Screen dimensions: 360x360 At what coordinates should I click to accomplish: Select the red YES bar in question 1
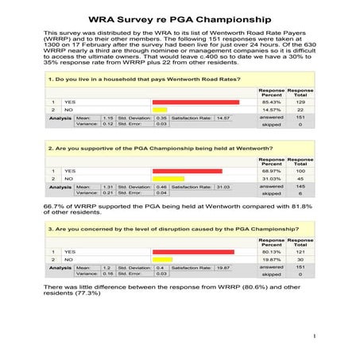(195, 103)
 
